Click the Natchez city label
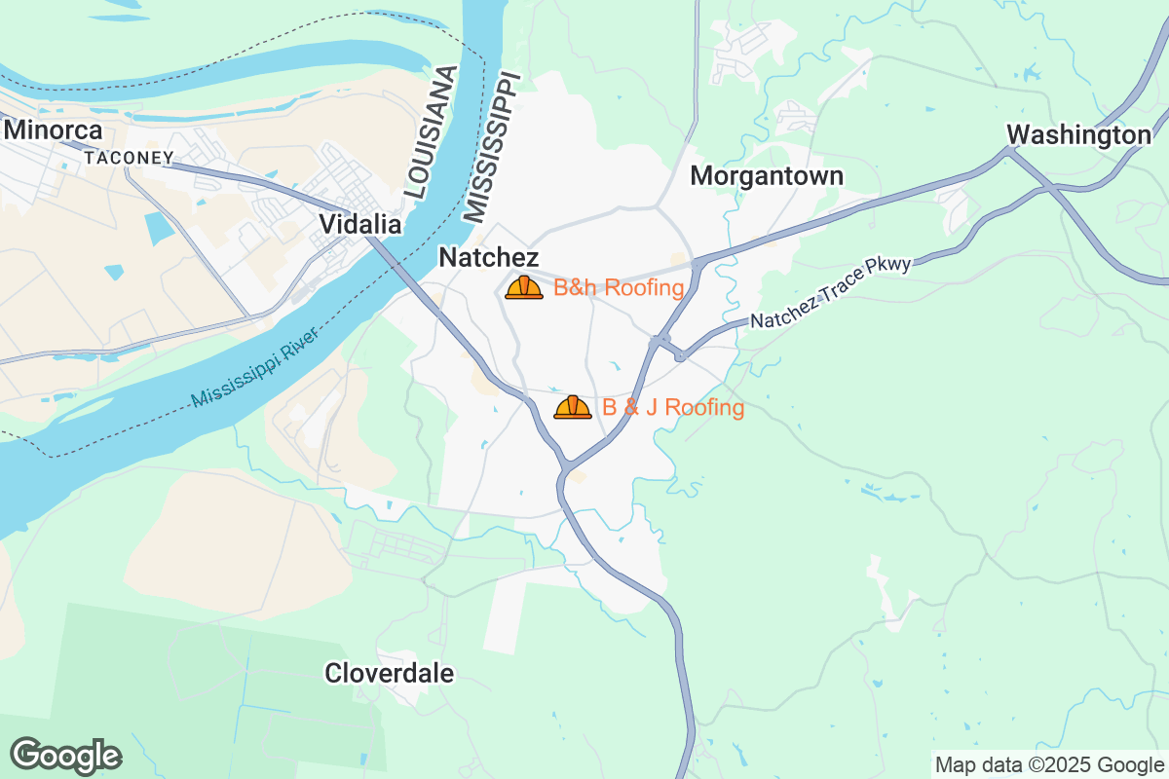(489, 257)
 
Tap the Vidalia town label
(360, 225)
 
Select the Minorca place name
(53, 130)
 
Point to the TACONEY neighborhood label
(129, 157)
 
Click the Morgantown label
(767, 176)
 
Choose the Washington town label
(1078, 134)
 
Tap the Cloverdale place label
(389, 673)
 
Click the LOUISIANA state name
(430, 133)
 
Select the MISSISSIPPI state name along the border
(492, 146)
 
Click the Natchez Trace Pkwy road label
(830, 292)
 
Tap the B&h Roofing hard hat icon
(524, 287)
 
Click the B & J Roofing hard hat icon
(573, 407)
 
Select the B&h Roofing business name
(619, 287)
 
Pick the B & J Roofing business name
(673, 407)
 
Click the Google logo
(66, 756)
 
